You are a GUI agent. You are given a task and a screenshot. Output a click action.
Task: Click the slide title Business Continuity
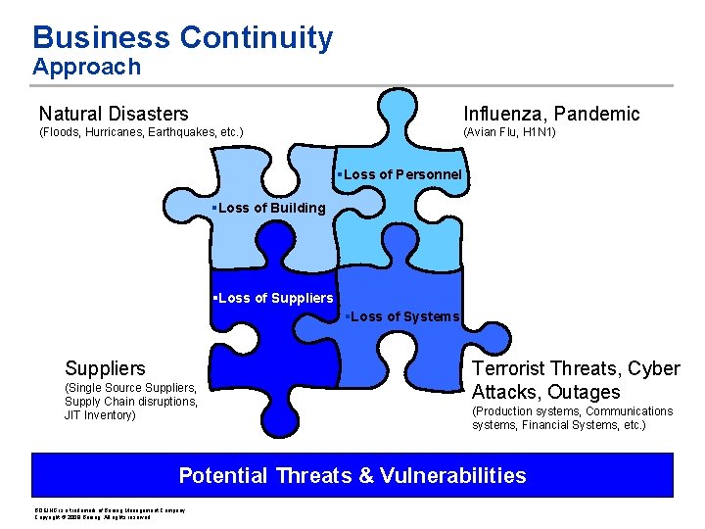point(182,38)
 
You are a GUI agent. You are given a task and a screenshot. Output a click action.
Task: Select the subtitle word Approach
point(86,68)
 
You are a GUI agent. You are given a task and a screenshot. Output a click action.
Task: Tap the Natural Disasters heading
point(114,115)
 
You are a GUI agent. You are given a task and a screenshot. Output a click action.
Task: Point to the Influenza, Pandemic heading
point(551,115)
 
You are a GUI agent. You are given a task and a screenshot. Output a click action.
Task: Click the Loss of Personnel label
point(399,174)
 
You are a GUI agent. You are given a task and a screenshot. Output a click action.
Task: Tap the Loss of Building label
point(269,208)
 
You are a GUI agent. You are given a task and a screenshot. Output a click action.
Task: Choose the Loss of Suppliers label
point(273,298)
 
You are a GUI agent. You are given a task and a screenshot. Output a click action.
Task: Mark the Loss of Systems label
point(402,316)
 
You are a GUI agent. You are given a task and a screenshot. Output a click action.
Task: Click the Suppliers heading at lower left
point(105,369)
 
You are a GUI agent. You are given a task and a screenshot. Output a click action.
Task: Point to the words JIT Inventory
point(100,415)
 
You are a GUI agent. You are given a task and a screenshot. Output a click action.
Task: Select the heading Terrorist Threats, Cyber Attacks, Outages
point(575,380)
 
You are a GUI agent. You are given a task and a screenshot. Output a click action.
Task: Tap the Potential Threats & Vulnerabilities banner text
point(352,476)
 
